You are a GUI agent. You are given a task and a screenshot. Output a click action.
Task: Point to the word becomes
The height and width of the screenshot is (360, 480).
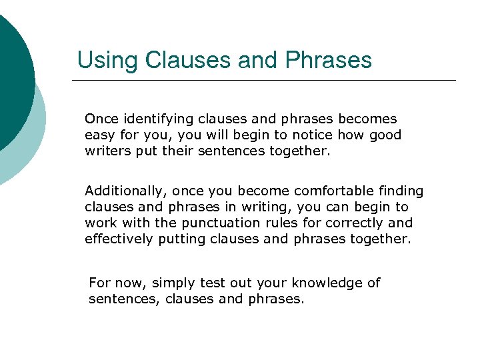click(367, 119)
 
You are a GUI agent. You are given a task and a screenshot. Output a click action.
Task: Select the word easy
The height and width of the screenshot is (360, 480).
click(99, 135)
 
